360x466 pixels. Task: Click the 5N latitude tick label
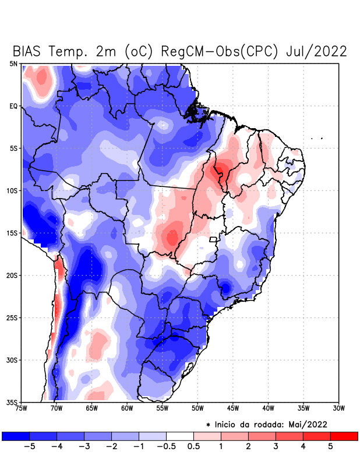coord(14,63)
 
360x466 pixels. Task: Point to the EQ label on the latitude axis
coord(13,106)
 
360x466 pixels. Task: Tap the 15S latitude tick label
coord(12,233)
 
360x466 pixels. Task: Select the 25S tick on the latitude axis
coord(12,317)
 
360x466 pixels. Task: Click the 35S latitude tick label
coord(12,402)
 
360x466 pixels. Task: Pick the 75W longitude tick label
coord(22,408)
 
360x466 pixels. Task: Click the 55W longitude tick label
coord(163,408)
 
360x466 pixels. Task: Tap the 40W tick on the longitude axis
coord(269,408)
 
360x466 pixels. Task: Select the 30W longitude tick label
coord(339,408)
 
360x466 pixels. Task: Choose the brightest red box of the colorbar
coord(344,436)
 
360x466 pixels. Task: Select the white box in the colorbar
coord(180,436)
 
